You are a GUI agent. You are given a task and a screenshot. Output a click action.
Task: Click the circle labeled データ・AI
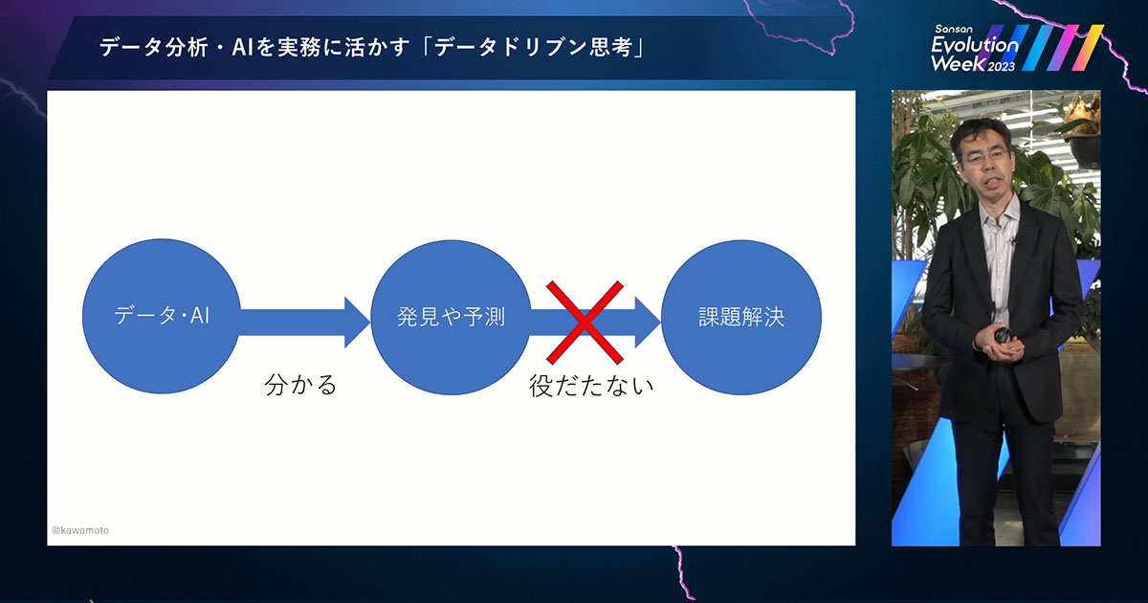click(162, 317)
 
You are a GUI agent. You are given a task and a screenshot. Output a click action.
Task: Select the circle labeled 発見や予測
click(451, 317)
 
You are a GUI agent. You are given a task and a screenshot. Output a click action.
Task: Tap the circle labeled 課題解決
click(740, 317)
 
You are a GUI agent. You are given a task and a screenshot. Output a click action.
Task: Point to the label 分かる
click(301, 387)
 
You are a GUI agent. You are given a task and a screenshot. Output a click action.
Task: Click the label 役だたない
click(591, 387)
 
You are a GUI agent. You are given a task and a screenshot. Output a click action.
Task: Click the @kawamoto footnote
click(80, 529)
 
